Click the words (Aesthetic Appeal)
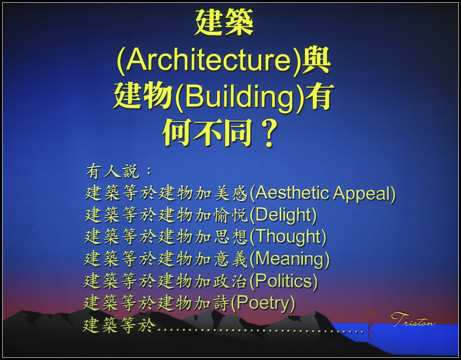tap(322, 194)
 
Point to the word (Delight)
tap(283, 215)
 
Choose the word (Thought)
tap(288, 237)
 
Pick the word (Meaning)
tap(289, 259)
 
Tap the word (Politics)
tap(283, 282)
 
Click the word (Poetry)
tap(263, 303)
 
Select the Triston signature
tap(413, 320)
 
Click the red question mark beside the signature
tap(369, 324)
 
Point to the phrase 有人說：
tap(119, 171)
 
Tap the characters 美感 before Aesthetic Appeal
tap(231, 194)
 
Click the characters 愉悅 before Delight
tap(231, 215)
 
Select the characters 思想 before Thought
tap(231, 237)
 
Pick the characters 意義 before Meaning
tap(231, 259)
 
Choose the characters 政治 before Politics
tap(231, 282)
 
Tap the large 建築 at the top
tap(224, 22)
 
